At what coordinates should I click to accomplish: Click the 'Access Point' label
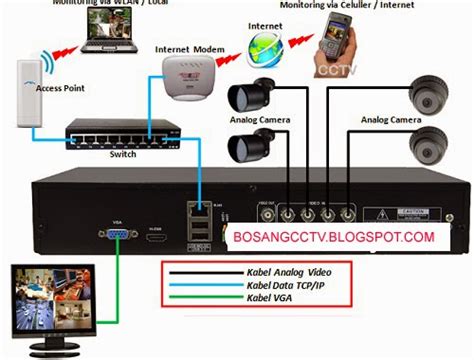[x=58, y=88]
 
